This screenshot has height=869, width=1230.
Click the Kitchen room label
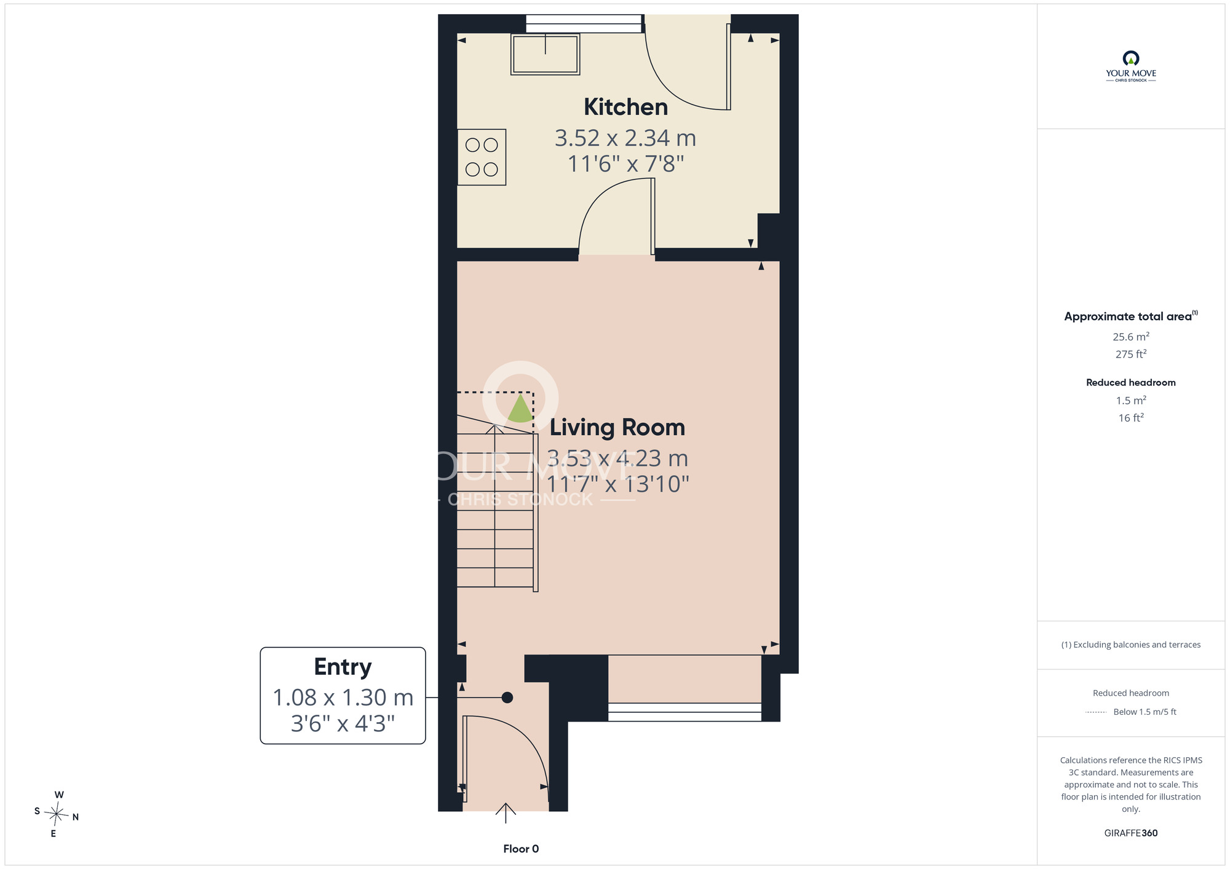[x=625, y=107]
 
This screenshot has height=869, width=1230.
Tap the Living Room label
[x=617, y=427]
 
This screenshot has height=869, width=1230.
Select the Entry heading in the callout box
[x=343, y=667]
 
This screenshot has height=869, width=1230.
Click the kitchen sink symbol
[x=546, y=54]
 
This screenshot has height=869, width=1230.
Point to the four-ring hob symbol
[x=482, y=157]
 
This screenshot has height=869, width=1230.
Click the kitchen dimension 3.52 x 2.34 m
[x=625, y=138]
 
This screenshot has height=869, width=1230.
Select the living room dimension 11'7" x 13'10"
[x=617, y=484]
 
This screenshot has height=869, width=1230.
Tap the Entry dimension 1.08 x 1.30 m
[x=343, y=698]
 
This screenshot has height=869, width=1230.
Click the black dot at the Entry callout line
[x=507, y=698]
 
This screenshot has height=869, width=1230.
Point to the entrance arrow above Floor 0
[x=506, y=812]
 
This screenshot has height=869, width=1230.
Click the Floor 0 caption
[x=521, y=849]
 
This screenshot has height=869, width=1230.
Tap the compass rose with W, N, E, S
[x=56, y=814]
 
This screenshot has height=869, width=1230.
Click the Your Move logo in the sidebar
[x=1131, y=66]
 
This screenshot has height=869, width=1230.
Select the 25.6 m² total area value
[x=1131, y=337]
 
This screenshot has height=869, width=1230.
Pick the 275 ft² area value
[x=1131, y=354]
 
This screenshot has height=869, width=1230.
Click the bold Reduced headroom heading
[x=1131, y=382]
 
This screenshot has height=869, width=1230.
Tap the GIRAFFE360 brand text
[x=1131, y=833]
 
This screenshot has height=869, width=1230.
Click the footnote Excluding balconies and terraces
[x=1131, y=645]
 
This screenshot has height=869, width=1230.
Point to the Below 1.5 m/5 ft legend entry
[x=1145, y=712]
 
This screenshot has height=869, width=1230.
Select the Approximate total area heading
[x=1131, y=316]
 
